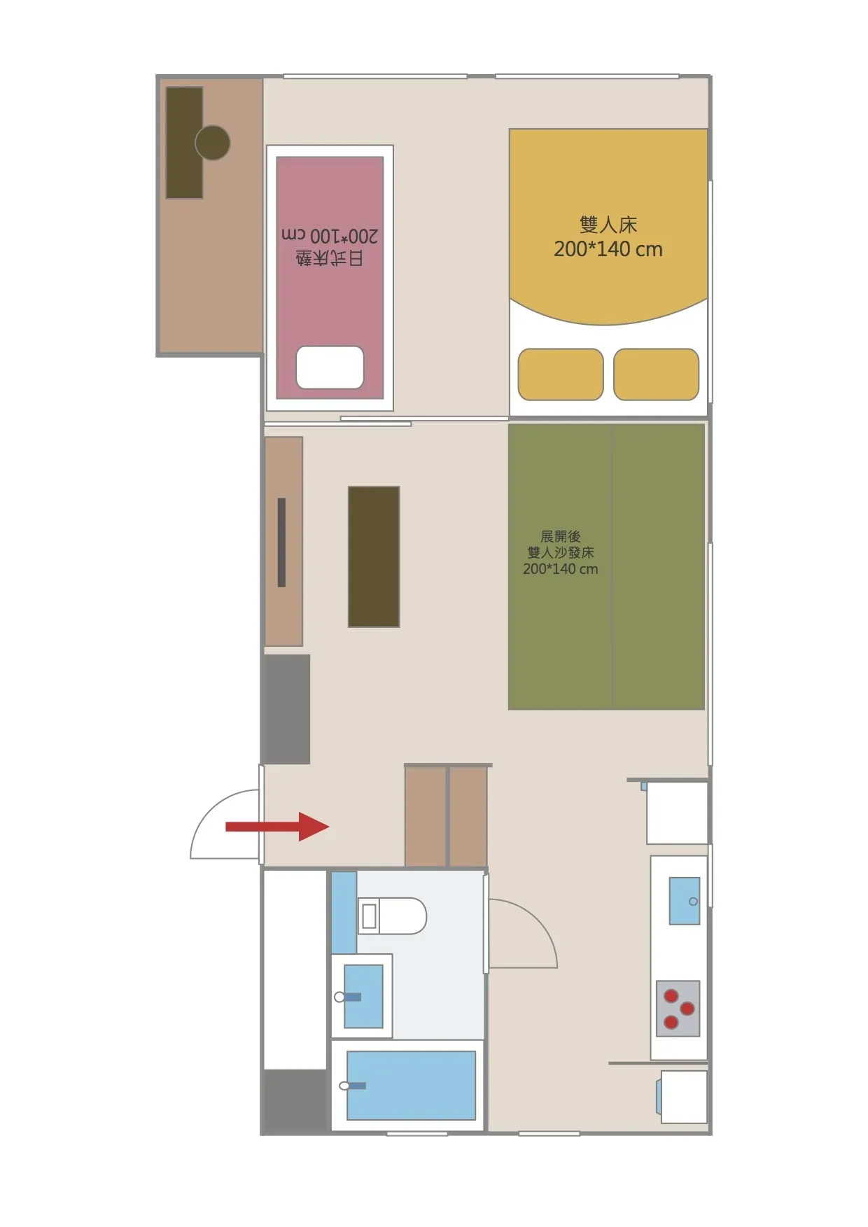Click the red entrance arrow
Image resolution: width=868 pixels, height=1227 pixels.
pos(276,827)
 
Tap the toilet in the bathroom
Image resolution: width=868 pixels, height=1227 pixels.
pos(392,916)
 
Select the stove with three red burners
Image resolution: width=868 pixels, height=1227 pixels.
pos(678,1009)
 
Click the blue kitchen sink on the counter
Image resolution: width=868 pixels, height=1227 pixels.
pos(684,901)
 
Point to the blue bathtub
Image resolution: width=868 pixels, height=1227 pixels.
pos(411,1086)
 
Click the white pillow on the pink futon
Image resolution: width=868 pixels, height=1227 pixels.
pos(330,367)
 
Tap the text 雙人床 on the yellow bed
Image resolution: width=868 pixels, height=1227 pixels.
pos(608,225)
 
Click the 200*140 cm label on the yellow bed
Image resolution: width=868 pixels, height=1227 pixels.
pos(608,249)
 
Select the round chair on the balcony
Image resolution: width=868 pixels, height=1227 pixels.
pos(212,143)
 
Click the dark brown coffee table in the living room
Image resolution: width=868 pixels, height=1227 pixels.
pos(374,556)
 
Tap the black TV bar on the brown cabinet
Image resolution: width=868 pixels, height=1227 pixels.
pos(281,542)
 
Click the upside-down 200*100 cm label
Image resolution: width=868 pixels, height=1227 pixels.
pos(330,235)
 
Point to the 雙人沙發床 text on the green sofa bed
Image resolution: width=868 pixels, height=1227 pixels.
pos(561,553)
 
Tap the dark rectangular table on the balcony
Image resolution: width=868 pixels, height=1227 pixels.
pos(184,143)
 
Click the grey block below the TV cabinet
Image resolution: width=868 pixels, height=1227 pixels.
pos(286,709)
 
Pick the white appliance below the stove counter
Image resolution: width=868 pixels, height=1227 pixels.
pos(683,1097)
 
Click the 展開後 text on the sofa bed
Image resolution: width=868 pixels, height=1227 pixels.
pos(561,537)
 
